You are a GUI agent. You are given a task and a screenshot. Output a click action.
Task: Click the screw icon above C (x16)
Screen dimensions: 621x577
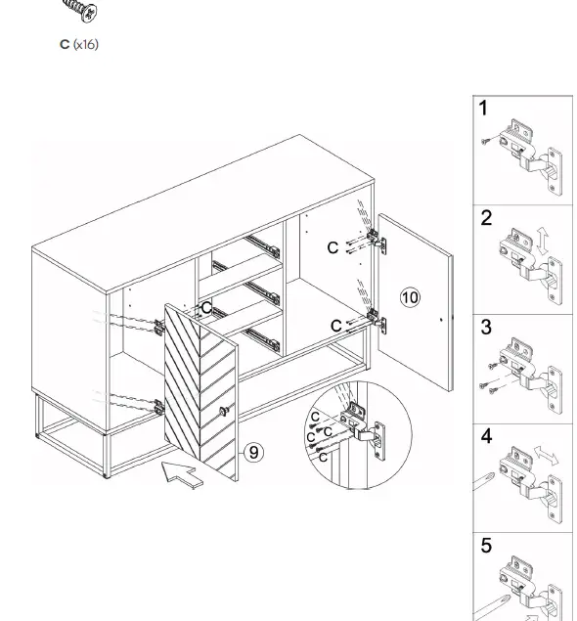click(x=80, y=12)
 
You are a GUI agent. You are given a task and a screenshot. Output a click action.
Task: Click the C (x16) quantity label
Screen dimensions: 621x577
click(x=79, y=44)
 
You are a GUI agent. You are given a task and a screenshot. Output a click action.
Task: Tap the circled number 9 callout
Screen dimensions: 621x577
click(x=253, y=452)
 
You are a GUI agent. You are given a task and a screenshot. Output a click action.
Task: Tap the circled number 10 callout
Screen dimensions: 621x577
click(x=410, y=297)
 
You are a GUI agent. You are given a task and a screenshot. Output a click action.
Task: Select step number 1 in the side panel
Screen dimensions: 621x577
click(x=483, y=109)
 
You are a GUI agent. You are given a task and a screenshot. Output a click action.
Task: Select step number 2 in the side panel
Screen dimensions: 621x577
click(x=486, y=219)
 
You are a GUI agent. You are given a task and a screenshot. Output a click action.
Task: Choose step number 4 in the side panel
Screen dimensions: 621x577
click(x=486, y=437)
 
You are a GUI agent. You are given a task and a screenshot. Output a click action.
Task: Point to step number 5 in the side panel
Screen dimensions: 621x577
click(x=486, y=546)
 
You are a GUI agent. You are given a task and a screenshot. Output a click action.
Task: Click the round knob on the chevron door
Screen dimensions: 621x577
click(x=224, y=410)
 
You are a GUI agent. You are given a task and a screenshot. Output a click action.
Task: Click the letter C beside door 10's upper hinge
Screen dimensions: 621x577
click(x=333, y=248)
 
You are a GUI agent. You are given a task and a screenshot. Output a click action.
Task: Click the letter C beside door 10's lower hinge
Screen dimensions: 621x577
click(x=335, y=326)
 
